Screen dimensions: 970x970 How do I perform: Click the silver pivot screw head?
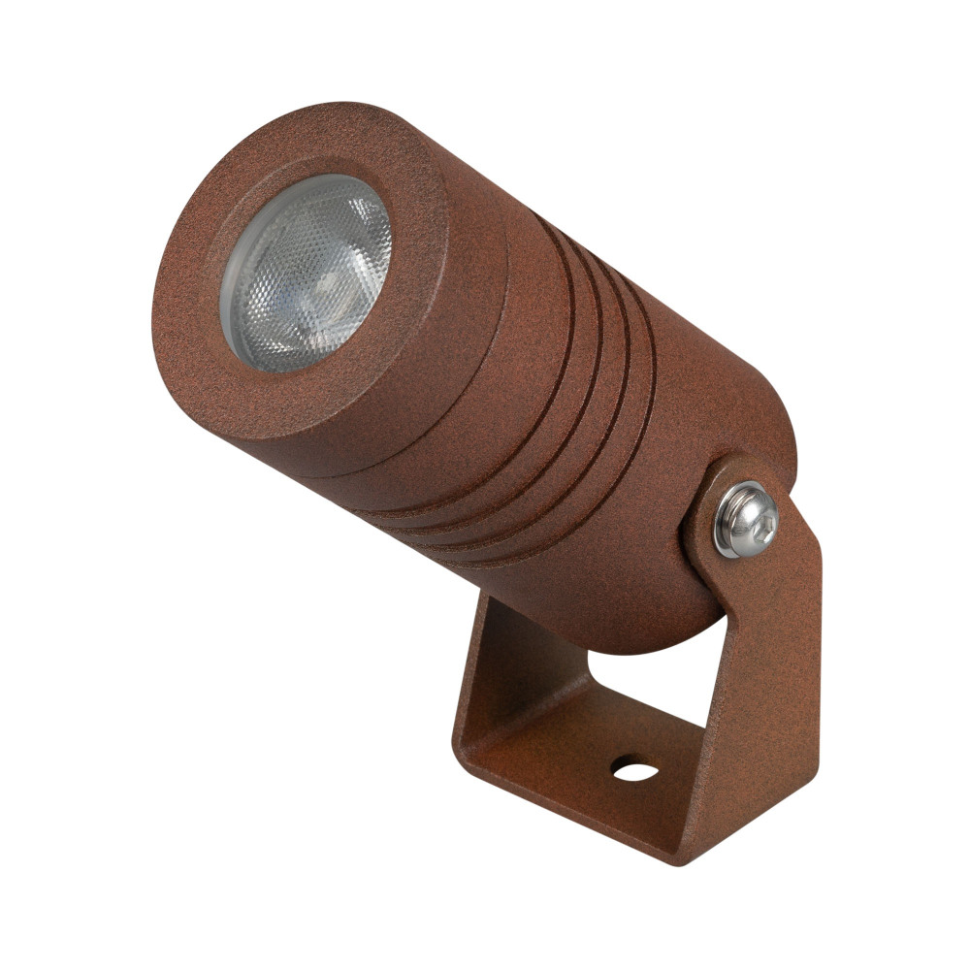pyautogui.click(x=746, y=520)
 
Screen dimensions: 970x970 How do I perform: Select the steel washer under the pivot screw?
pyautogui.click(x=726, y=539)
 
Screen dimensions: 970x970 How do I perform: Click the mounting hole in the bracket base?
pyautogui.click(x=633, y=771)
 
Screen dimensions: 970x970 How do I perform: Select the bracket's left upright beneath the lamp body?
pyautogui.click(x=485, y=669)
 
